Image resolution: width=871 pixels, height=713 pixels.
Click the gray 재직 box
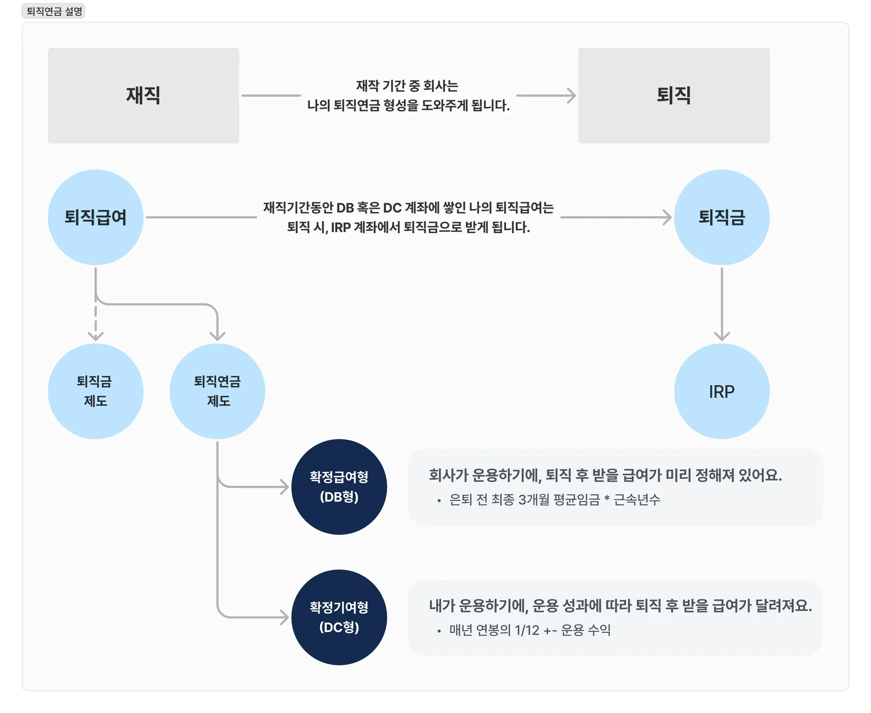coord(143,95)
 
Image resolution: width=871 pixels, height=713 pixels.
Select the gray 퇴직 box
coord(674,95)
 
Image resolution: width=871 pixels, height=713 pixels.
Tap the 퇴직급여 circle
coord(96,217)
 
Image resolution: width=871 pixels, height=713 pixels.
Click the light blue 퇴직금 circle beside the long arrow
coord(722,217)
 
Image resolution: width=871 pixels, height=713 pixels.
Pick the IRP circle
coord(722,391)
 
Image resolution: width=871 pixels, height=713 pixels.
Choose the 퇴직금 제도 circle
coord(96,391)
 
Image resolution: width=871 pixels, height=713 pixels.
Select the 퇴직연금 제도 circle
coord(217,391)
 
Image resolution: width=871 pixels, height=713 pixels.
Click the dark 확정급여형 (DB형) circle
coord(339,487)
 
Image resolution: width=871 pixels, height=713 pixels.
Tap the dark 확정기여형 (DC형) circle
coord(339,617)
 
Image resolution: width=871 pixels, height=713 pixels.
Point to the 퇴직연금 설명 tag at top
coord(54,11)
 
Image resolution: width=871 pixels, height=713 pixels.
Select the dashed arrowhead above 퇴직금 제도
coord(96,336)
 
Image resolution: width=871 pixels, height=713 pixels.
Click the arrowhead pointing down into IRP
coord(722,336)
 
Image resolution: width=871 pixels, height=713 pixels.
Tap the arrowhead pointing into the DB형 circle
coord(285,487)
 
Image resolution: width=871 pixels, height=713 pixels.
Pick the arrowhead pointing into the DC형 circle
coord(285,617)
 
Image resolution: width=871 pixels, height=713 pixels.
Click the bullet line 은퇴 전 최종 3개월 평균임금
coord(555,500)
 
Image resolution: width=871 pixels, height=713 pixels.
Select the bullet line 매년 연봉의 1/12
coord(530,630)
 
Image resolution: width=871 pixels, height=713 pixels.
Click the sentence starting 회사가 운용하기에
coord(605,475)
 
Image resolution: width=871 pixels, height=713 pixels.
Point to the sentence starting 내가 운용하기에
coord(620,605)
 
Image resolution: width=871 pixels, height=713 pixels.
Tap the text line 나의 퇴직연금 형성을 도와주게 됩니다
coord(408,105)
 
